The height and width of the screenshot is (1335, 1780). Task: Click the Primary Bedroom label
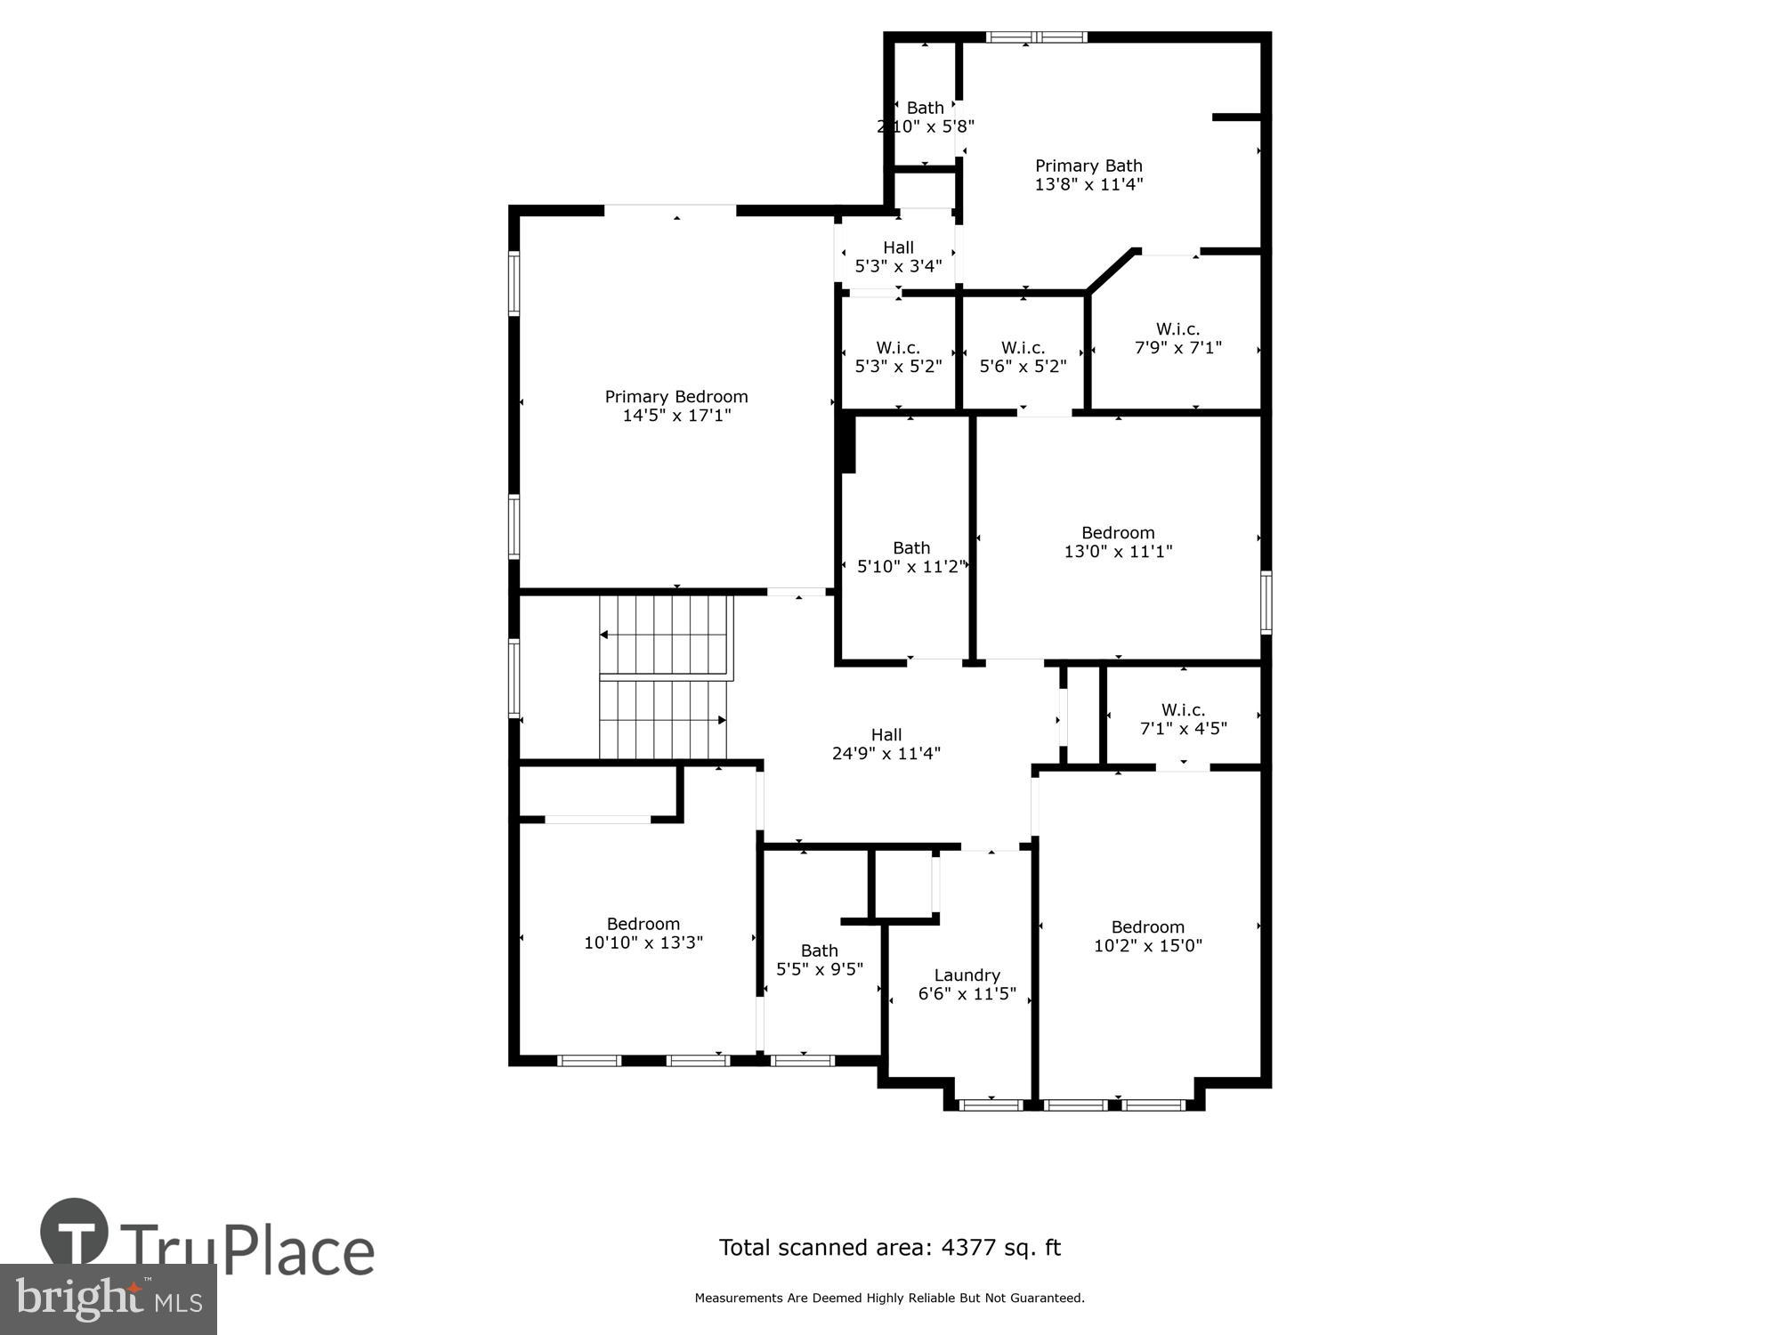point(676,397)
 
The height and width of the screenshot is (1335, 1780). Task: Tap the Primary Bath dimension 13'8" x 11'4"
point(1088,185)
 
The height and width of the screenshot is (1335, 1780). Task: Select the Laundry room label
point(967,975)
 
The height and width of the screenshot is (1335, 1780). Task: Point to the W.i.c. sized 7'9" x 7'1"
point(1177,339)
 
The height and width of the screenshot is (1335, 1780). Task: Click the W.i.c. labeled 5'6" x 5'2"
point(1023,357)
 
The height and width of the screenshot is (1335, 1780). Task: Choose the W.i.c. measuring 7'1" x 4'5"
point(1183,719)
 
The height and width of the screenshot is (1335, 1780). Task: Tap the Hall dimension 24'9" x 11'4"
point(886,754)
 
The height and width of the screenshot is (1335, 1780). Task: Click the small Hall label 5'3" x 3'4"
point(898,257)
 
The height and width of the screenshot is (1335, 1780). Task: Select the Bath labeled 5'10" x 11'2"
point(910,557)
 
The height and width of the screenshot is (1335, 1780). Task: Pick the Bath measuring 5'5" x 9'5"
point(819,960)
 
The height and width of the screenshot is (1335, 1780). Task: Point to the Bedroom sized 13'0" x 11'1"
point(1118,542)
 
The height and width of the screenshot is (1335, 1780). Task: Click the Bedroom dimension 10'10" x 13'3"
point(643,943)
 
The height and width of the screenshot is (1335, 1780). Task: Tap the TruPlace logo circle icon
point(75,1233)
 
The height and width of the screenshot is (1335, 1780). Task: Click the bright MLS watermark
point(109,1299)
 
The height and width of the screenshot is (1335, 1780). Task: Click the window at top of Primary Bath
point(1037,37)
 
